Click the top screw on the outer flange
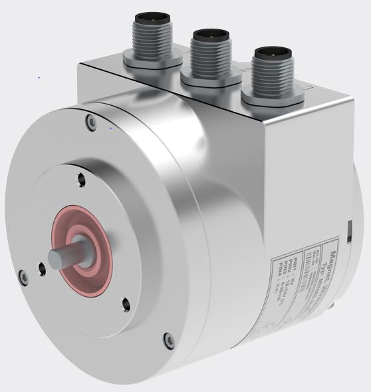[x=90, y=120]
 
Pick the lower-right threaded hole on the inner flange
[x=125, y=303]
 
